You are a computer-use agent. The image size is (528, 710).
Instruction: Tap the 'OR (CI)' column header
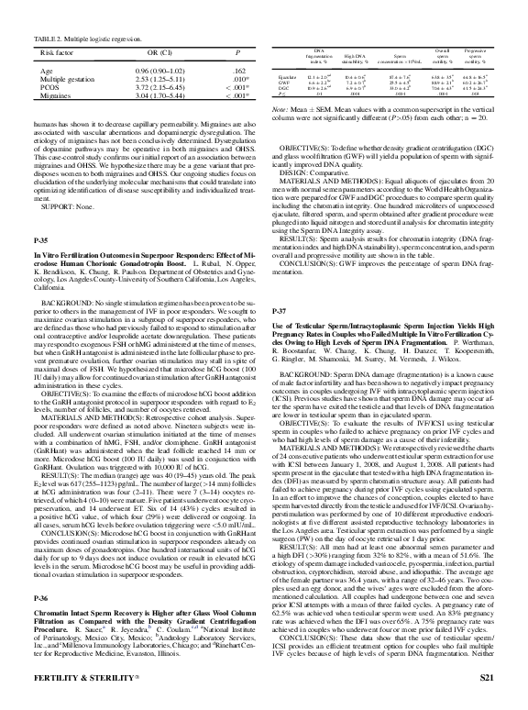pyautogui.click(x=151, y=52)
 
